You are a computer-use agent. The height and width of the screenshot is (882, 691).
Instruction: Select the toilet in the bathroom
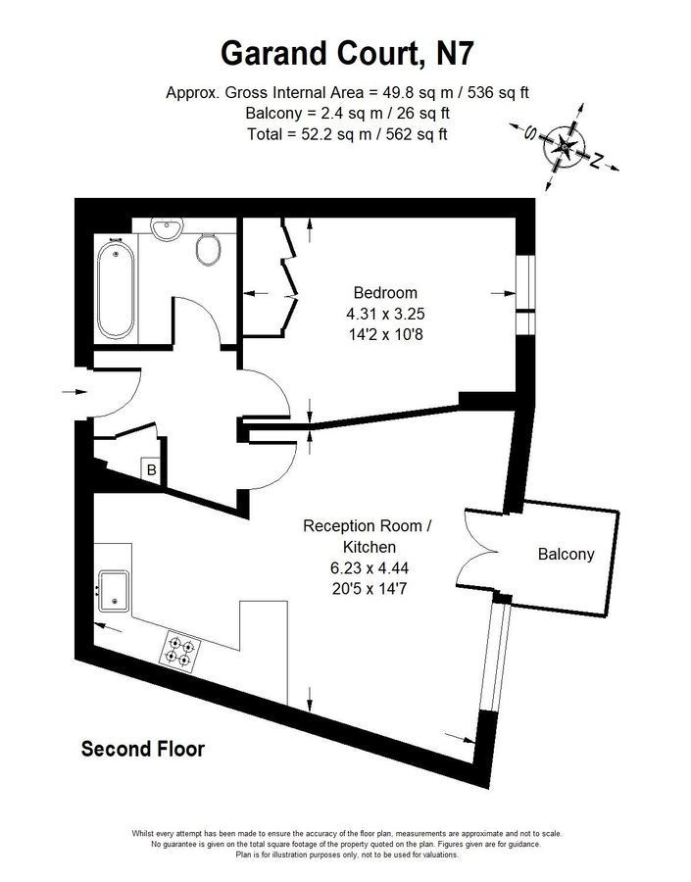coord(208,250)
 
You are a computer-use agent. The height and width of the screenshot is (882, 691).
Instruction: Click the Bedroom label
coord(385,292)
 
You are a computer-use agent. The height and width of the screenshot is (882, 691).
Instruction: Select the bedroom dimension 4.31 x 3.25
coord(385,314)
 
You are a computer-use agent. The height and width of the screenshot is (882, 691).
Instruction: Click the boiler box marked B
coord(151,470)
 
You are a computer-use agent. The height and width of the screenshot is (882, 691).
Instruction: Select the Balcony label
coord(566,554)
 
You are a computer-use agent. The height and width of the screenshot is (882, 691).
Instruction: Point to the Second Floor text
coord(143,750)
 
